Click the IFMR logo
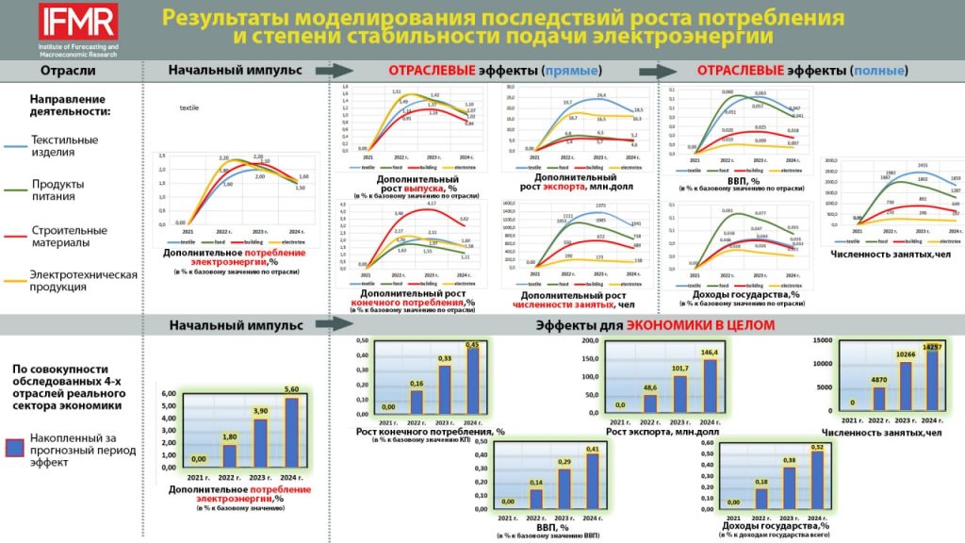pyautogui.click(x=78, y=22)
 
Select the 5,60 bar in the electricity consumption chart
pyautogui.click(x=290, y=433)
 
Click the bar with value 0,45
pyautogui.click(x=472, y=382)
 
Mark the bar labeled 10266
pyautogui.click(x=906, y=389)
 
